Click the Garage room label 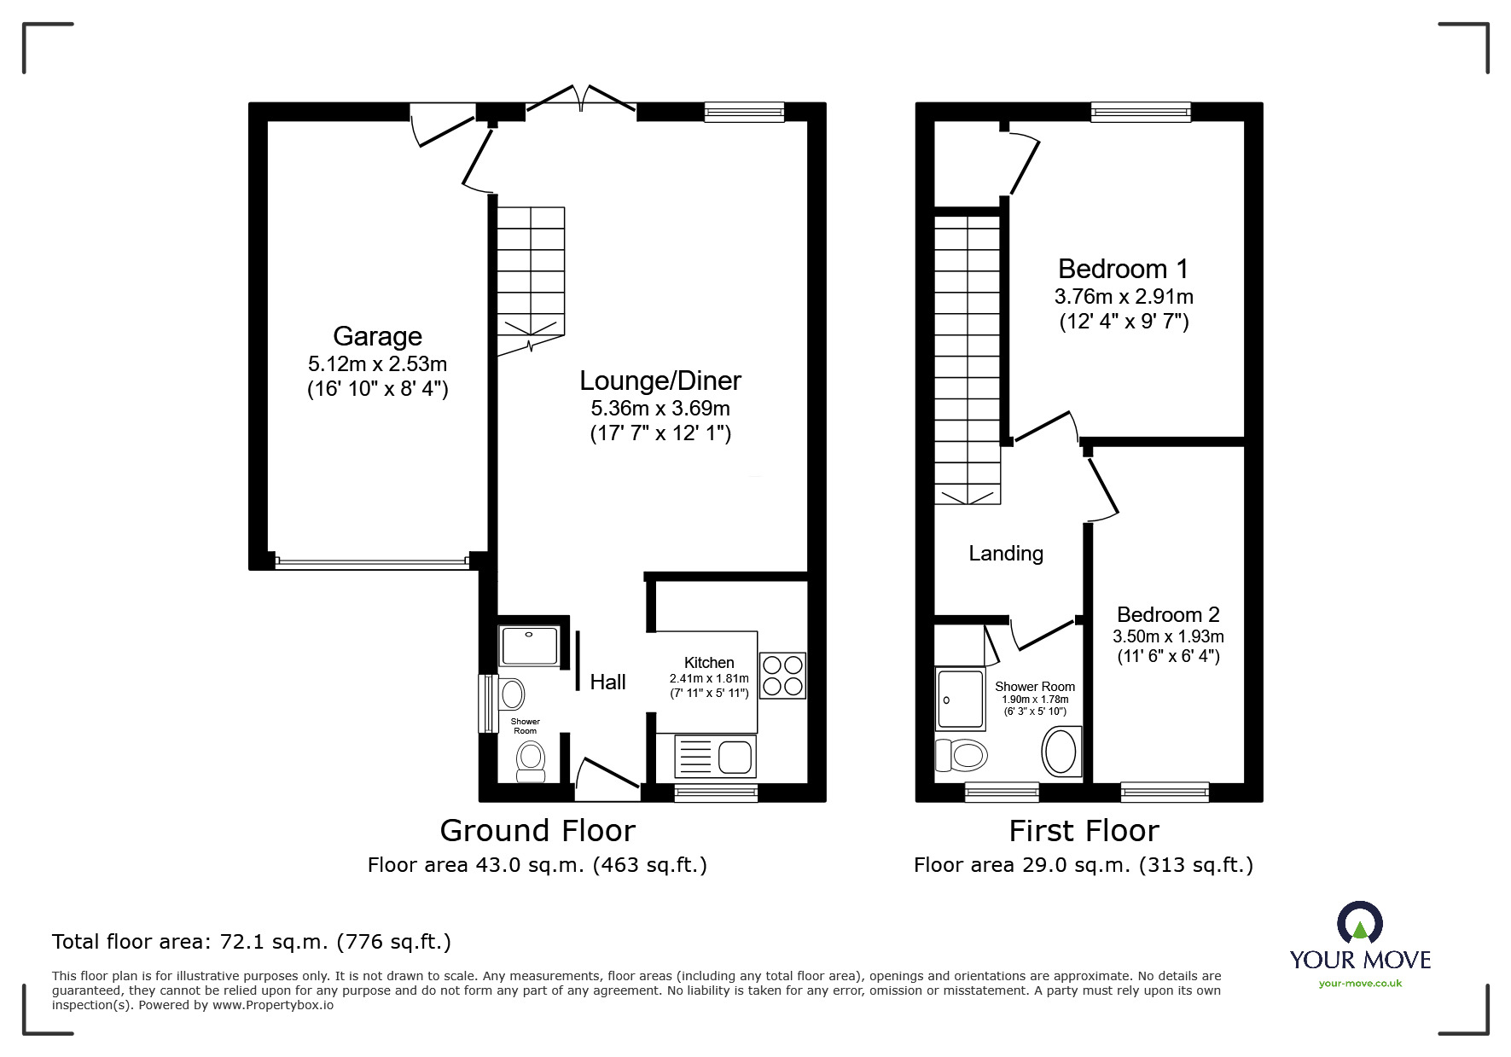pos(377,336)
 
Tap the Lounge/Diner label pos(660,380)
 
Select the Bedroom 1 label pos(1123,269)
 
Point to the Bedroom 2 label pos(1168,614)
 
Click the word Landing pos(1006,554)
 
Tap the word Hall pos(607,682)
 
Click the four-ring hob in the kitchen pos(782,676)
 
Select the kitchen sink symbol pos(715,756)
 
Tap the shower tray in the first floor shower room pos(961,700)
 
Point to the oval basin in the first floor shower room pos(1061,751)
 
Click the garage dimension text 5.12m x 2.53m pos(377,364)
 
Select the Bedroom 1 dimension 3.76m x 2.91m pos(1124,297)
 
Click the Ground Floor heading pos(538,830)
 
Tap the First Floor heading pos(1084,830)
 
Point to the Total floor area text pos(252,942)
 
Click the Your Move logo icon pos(1359,921)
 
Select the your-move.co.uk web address pos(1360,984)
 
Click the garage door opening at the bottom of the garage pos(372,562)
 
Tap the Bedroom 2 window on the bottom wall pos(1165,793)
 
